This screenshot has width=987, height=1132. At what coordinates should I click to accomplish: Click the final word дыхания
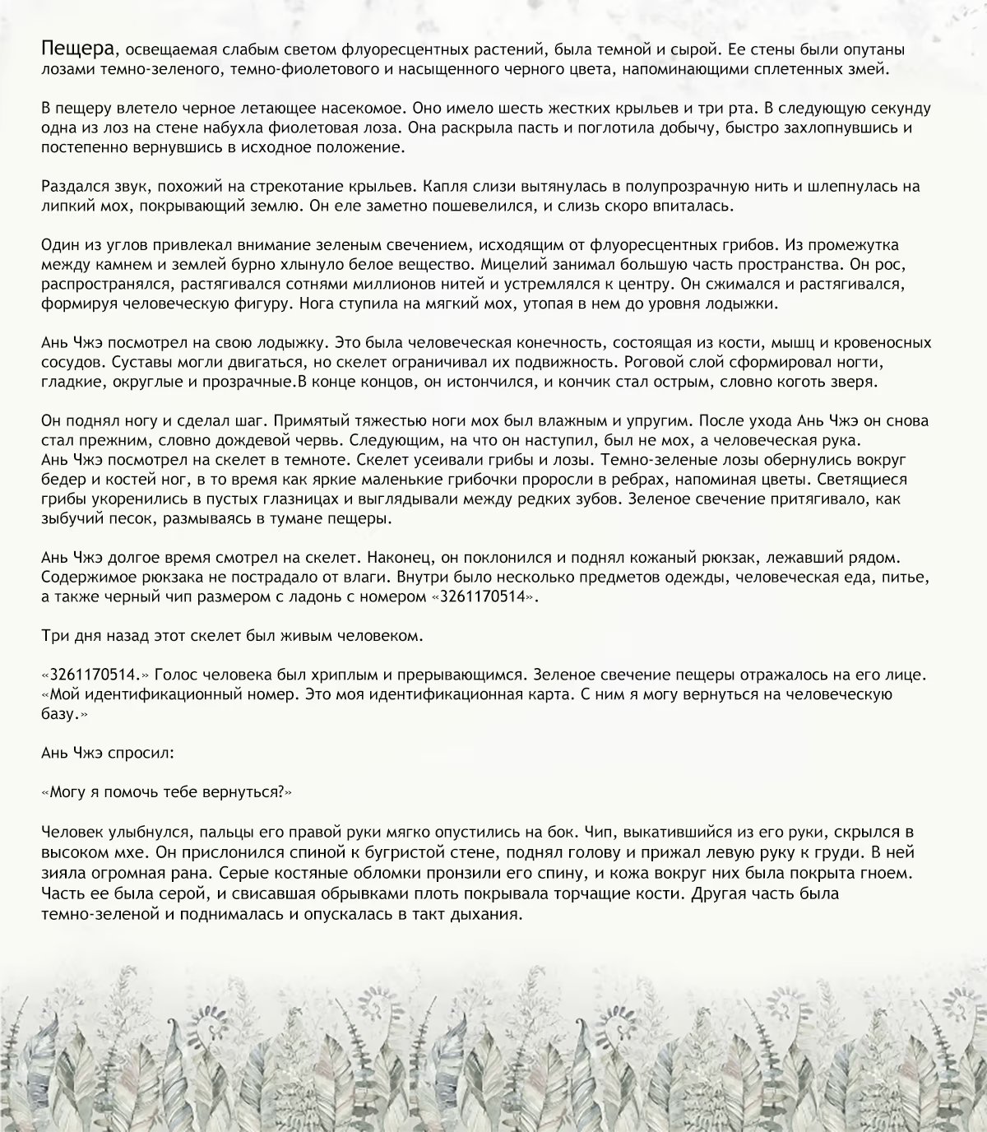(489, 913)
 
